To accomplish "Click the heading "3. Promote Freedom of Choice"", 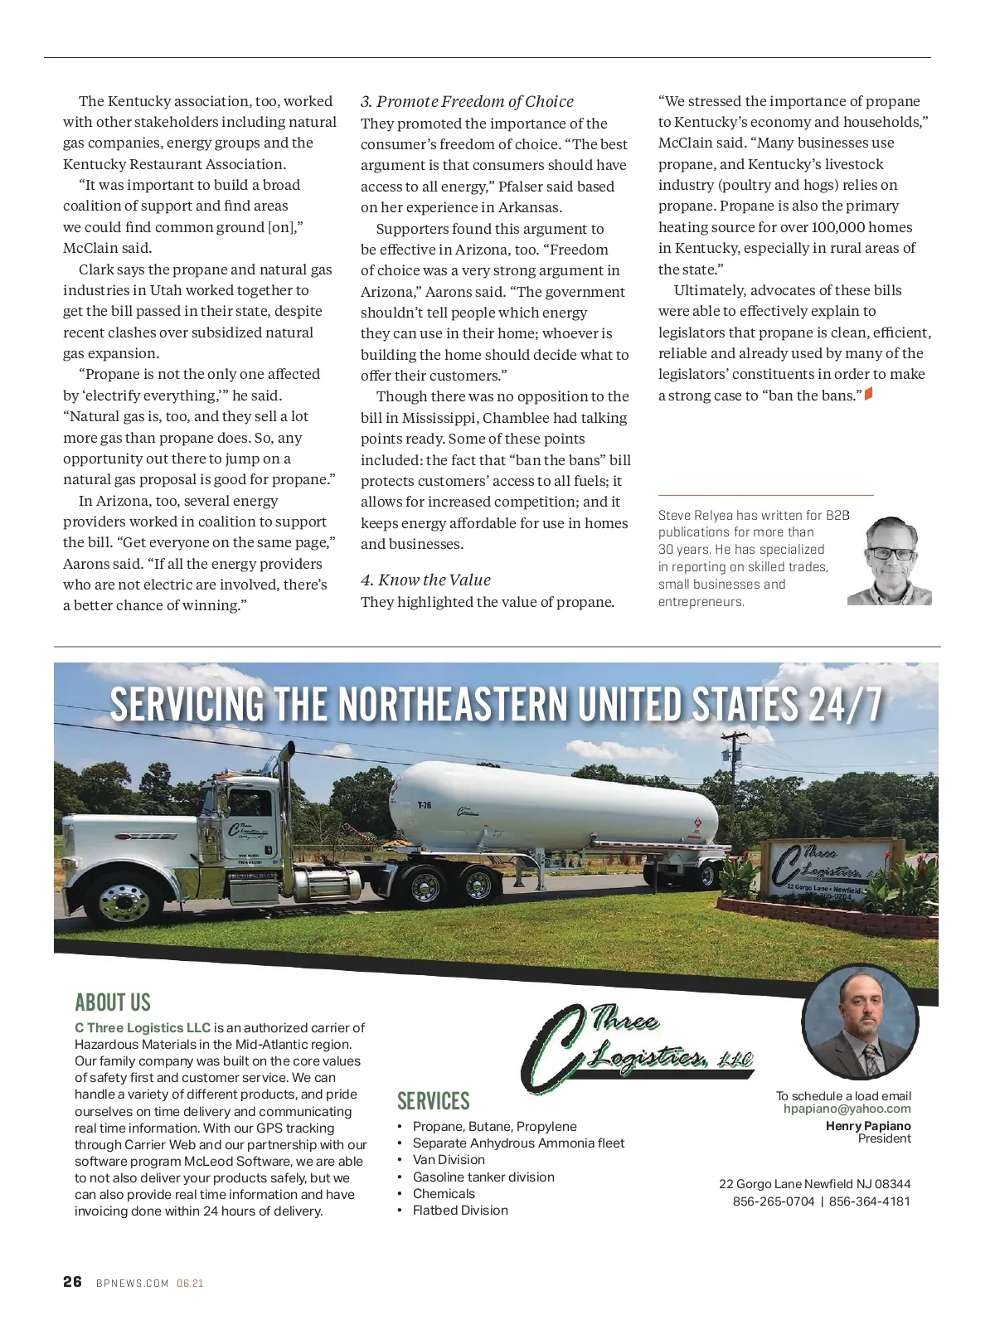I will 467,101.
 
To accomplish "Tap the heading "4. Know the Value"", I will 425,580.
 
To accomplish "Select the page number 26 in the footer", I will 72,1281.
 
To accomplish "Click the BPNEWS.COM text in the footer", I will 133,1283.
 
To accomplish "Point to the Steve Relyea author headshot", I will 891,561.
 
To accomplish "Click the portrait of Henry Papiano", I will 861,1024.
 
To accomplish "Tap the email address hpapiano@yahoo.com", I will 847,1109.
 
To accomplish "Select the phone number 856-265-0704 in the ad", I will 773,1201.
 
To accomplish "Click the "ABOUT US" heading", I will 113,1002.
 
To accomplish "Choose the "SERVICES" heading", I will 433,1101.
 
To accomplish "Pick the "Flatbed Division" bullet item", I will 460,1210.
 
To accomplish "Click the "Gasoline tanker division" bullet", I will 483,1177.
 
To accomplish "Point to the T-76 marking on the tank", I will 424,805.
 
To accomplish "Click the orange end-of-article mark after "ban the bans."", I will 868,395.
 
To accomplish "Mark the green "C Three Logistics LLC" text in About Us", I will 143,1027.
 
